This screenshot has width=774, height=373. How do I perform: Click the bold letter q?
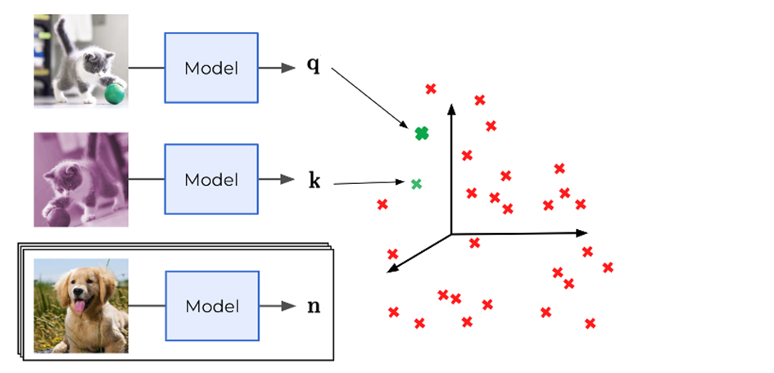tap(313, 65)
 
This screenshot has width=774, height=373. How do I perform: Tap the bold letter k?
tap(314, 181)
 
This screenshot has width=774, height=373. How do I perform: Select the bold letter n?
tap(313, 307)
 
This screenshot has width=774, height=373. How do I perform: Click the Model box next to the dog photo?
tap(211, 306)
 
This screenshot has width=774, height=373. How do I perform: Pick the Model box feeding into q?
tap(211, 68)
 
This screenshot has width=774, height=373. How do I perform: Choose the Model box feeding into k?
tap(211, 180)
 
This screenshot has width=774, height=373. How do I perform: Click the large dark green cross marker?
tap(422, 133)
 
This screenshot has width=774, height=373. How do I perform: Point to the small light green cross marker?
tap(416, 184)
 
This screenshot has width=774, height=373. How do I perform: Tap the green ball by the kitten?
tap(114, 95)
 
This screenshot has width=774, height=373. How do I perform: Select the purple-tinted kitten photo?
tap(81, 180)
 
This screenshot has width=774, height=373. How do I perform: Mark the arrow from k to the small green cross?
tap(369, 182)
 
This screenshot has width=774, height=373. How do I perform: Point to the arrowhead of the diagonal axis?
tap(392, 269)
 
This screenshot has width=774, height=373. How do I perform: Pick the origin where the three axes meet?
tap(451, 235)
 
